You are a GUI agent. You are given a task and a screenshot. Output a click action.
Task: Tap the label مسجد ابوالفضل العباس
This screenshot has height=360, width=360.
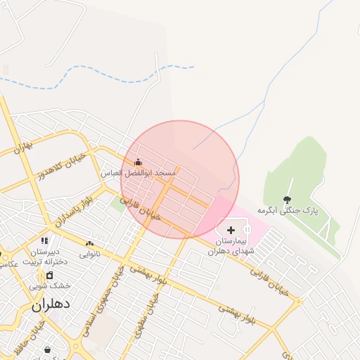(138, 173)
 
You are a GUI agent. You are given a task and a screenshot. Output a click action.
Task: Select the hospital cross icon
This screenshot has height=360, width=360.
(231, 230)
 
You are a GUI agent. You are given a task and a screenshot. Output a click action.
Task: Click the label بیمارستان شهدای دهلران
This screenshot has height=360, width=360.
(229, 245)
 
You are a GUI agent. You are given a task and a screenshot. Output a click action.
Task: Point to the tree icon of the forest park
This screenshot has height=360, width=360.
(287, 200)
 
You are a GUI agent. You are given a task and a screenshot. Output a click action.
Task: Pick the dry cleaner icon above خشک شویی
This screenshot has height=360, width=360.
(49, 274)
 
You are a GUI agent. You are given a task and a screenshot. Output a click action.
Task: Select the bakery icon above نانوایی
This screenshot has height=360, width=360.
(89, 243)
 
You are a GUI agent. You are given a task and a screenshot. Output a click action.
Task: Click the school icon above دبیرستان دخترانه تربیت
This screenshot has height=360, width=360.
(44, 241)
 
